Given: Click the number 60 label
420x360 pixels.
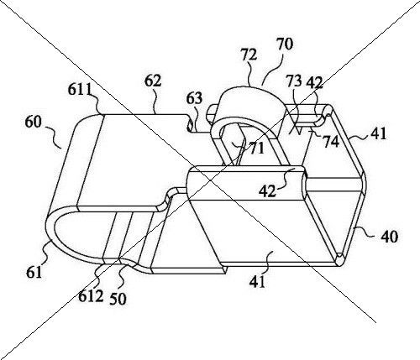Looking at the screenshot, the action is tap(34, 123).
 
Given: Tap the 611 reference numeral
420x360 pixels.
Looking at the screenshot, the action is tap(80, 90).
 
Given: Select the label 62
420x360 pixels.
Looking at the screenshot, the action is tap(153, 81).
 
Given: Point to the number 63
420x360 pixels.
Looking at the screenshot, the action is tap(194, 98).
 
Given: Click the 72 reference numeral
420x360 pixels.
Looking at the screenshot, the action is tap(249, 55).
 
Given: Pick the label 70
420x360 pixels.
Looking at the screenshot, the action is tap(285, 44).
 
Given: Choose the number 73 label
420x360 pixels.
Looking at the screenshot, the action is tap(294, 81).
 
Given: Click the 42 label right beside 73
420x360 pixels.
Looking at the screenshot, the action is tap(315, 82).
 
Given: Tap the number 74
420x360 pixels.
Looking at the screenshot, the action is tap(331, 142).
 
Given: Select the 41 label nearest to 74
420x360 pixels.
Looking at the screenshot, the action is tap(378, 133).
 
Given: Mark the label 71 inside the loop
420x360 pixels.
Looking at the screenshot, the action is tap(257, 149).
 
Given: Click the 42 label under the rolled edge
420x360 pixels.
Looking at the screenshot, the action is tap(267, 192).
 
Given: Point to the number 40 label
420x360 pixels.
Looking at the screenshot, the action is tap(389, 237).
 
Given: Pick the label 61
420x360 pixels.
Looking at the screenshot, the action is tap(34, 272).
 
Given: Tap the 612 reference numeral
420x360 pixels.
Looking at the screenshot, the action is tap(91, 296).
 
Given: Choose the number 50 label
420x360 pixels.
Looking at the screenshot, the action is tap(118, 299).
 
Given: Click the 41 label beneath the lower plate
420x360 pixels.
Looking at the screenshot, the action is tap(257, 282).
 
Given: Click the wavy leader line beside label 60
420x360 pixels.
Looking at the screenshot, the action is tap(53, 137).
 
